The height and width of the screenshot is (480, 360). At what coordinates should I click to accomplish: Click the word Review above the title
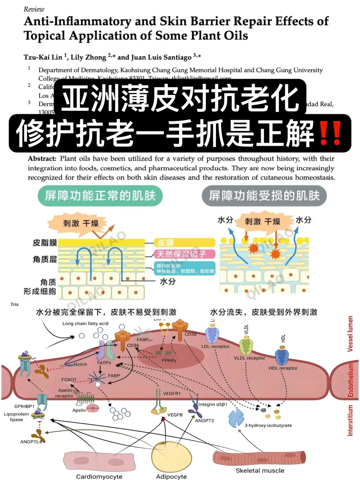[34, 9]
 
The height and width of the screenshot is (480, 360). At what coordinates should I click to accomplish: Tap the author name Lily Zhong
[88, 57]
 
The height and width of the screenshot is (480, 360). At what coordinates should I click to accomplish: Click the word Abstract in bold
[42, 159]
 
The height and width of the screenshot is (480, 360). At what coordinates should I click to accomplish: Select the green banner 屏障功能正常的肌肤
[100, 196]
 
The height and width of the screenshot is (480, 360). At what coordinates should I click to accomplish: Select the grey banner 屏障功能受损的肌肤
[264, 196]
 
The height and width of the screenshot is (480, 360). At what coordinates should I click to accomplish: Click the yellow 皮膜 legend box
[185, 243]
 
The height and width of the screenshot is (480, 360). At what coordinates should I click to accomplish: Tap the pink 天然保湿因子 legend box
[184, 254]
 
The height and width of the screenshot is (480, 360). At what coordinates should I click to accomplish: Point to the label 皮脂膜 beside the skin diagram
[45, 243]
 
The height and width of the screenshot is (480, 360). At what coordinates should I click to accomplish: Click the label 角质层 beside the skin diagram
[45, 259]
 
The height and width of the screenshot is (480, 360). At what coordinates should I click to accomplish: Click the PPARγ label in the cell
[169, 360]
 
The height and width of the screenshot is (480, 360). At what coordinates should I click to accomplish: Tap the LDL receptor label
[215, 347]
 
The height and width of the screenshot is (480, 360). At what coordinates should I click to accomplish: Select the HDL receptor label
[283, 368]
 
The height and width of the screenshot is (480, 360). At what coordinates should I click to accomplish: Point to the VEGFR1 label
[172, 394]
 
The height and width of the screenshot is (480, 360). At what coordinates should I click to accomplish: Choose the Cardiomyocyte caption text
[99, 476]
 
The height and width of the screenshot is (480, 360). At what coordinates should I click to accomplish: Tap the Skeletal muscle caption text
[260, 471]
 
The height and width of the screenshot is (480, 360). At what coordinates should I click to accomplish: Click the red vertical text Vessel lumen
[350, 334]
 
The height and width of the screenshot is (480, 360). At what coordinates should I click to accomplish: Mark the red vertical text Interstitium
[350, 420]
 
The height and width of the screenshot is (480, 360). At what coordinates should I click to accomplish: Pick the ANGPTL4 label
[31, 442]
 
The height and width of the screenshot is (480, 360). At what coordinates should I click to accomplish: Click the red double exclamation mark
[330, 133]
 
